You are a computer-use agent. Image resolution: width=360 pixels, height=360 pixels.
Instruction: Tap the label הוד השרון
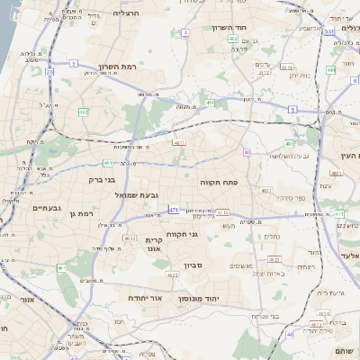tap(243, 28)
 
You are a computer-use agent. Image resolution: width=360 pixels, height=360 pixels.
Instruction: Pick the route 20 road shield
tap(49, 70)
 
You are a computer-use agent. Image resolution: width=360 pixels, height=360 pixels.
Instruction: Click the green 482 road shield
tap(83, 112)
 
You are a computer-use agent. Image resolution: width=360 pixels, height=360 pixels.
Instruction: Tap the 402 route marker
tap(233, 39)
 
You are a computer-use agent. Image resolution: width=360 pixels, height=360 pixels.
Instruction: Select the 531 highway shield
tap(329, 32)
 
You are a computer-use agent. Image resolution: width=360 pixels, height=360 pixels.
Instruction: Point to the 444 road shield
tap(331, 68)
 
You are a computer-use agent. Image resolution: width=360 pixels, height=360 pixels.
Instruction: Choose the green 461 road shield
tap(61, 268)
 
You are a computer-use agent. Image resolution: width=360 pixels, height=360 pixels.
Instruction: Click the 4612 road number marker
tap(131, 238)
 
